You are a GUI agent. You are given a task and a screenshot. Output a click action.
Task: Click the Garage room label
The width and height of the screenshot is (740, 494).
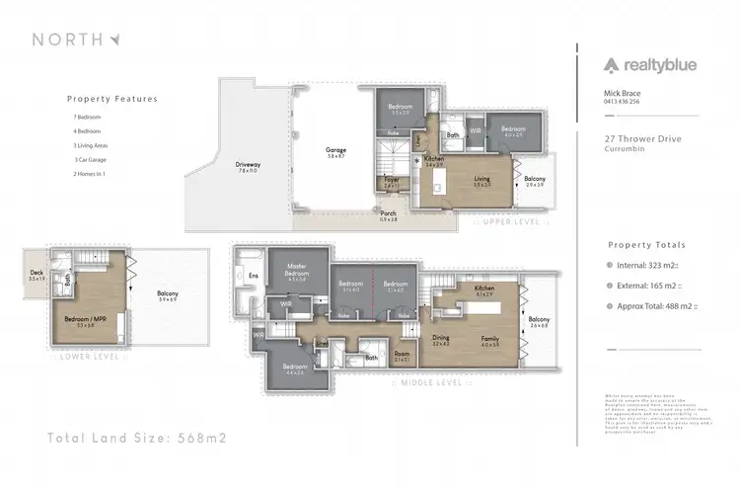[336, 152]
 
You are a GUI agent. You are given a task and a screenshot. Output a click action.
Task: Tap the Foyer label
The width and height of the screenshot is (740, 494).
[392, 181]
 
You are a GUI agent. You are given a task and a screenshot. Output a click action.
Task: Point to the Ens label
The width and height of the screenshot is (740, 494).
[253, 276]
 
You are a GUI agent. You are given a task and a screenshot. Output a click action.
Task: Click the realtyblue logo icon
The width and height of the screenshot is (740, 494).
[613, 66]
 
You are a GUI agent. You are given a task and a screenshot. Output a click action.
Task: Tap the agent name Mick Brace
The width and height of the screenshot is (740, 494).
[620, 93]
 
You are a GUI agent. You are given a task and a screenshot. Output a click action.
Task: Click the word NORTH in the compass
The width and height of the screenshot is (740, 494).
[67, 40]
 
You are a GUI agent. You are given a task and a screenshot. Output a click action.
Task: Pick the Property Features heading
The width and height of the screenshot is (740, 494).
[111, 99]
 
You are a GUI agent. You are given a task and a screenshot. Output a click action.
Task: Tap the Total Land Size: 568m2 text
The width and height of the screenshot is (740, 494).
[137, 437]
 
